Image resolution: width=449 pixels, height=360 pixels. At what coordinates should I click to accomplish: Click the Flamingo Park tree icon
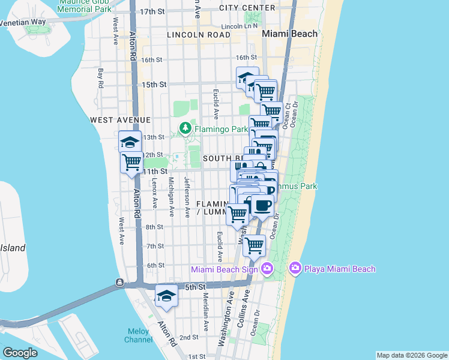186,128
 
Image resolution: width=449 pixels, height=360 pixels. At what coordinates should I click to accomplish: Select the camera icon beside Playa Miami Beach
295,268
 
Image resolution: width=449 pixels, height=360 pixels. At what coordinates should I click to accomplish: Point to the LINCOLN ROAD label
199,35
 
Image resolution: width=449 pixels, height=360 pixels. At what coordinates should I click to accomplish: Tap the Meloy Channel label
138,335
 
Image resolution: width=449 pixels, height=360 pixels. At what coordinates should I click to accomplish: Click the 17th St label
152,11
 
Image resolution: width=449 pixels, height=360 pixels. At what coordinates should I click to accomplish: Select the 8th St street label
154,227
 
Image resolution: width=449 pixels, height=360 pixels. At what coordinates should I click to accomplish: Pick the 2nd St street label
189,337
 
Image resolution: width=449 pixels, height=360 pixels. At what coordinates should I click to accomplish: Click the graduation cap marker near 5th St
166,296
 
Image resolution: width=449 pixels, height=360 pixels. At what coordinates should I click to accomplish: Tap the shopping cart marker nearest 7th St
254,245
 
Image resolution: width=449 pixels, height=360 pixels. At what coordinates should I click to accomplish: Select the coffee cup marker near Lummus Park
262,205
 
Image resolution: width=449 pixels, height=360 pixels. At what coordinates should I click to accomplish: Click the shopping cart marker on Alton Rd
131,161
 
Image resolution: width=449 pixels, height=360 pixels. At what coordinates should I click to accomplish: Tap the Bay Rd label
101,78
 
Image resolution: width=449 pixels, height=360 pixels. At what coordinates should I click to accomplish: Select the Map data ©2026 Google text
412,355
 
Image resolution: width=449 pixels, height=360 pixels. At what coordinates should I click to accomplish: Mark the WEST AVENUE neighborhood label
119,120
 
